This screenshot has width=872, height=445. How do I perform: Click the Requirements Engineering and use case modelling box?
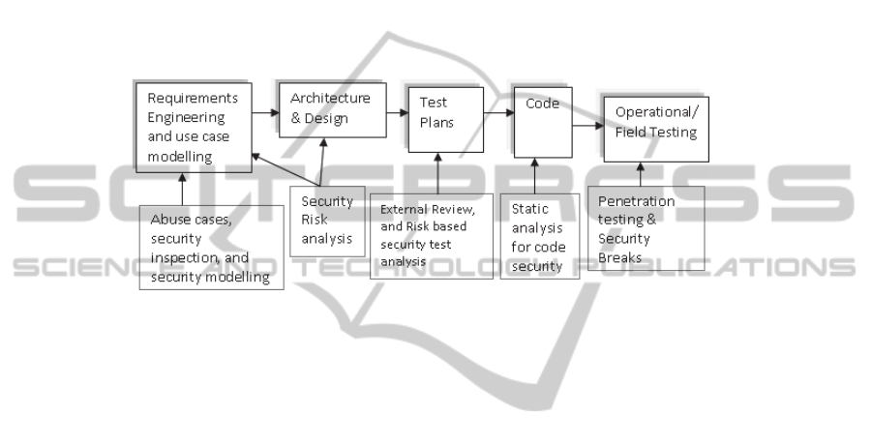[x=194, y=127]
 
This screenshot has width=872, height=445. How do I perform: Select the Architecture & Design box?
[x=331, y=108]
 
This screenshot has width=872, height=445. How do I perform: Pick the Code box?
[x=542, y=122]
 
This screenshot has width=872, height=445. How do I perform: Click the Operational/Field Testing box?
[x=656, y=128]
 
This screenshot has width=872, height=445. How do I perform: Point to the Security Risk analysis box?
[x=327, y=221]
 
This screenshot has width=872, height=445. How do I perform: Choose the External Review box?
[x=431, y=235]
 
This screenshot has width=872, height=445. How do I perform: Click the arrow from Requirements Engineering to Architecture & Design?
[x=265, y=113]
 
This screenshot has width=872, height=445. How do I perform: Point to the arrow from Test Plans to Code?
[x=497, y=113]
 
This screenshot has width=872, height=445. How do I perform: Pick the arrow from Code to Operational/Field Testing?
[x=587, y=125]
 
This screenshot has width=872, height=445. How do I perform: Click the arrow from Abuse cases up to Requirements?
[x=181, y=189]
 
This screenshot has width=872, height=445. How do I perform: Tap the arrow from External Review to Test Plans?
[x=437, y=173]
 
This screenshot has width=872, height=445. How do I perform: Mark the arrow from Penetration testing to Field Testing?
[x=639, y=174]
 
